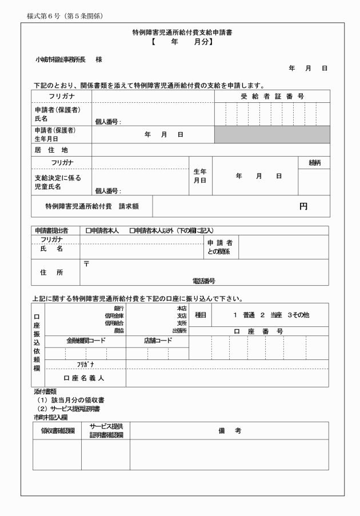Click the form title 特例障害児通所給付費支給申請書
click(x=179, y=33)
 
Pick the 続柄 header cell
click(x=314, y=163)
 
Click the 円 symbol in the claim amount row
click(x=303, y=206)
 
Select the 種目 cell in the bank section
click(x=201, y=314)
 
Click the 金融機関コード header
click(x=86, y=341)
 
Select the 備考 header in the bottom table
click(x=229, y=430)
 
